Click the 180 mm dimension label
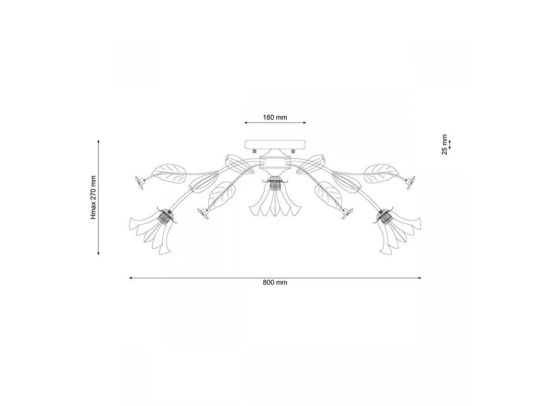[275, 117]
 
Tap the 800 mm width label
[275, 282]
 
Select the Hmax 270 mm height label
[93, 197]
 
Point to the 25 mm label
[444, 144]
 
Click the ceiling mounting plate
[275, 144]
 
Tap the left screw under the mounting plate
[255, 151]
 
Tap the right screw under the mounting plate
[293, 151]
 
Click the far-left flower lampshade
[153, 232]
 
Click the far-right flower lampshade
[397, 232]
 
